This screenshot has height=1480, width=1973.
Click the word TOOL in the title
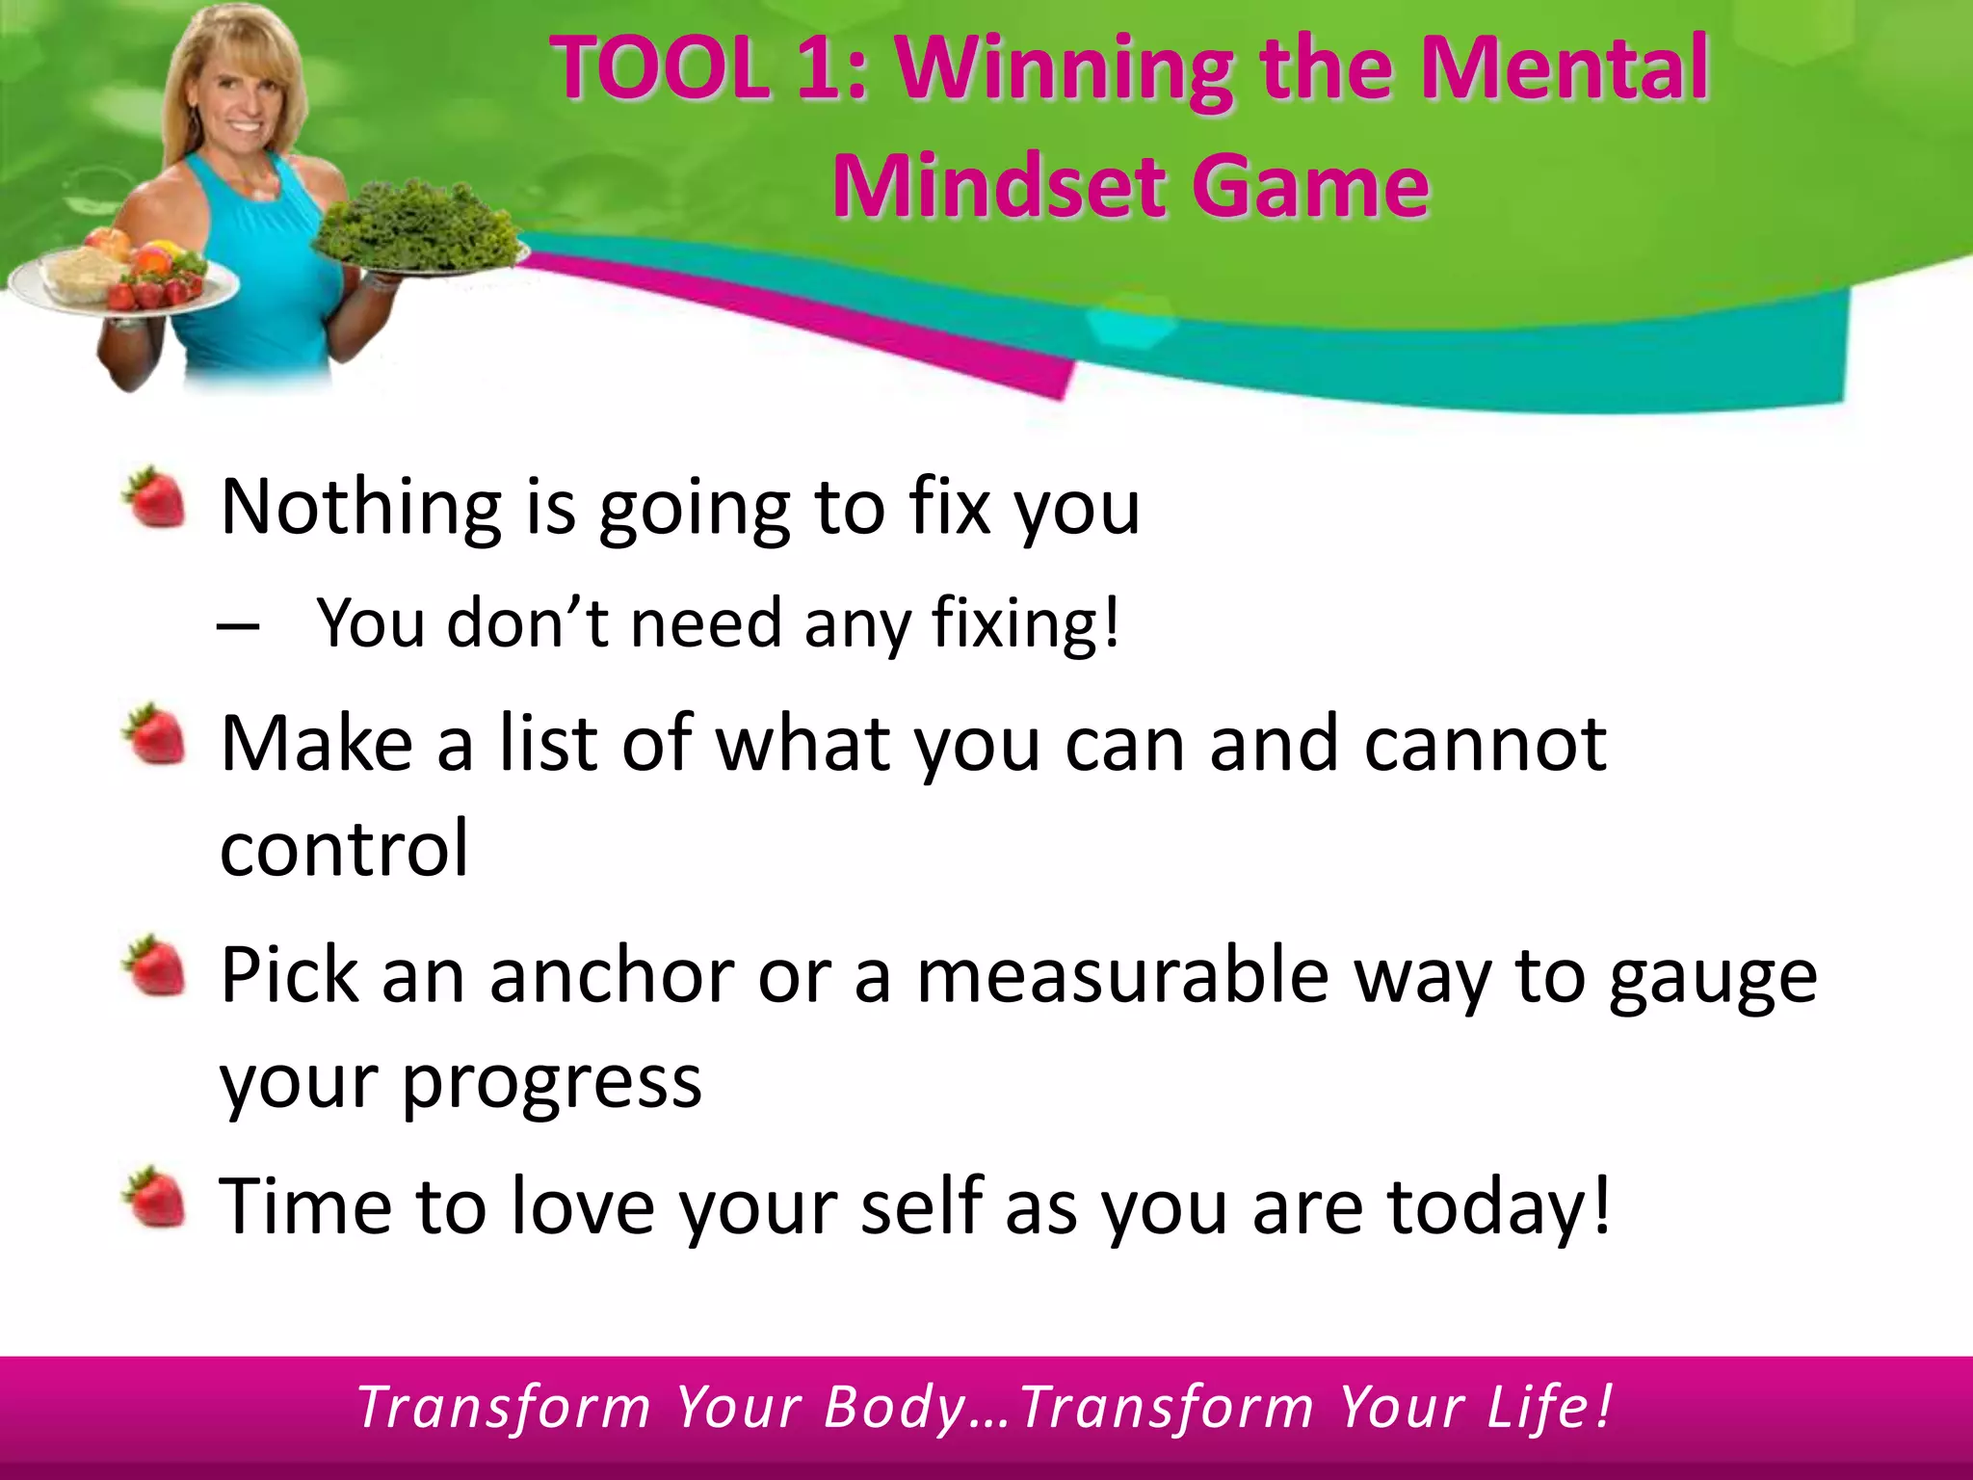pyautogui.click(x=660, y=69)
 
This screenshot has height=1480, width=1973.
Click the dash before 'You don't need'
pyautogui.click(x=238, y=627)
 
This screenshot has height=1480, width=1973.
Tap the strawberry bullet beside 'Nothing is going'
pyautogui.click(x=154, y=497)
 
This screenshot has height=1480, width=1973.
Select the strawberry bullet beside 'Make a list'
pyautogui.click(x=154, y=734)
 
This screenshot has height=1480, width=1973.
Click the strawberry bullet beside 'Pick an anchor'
pyautogui.click(x=154, y=965)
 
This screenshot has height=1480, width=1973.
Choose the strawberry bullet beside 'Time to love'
pyautogui.click(x=154, y=1198)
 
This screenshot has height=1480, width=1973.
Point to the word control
pyautogui.click(x=344, y=849)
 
